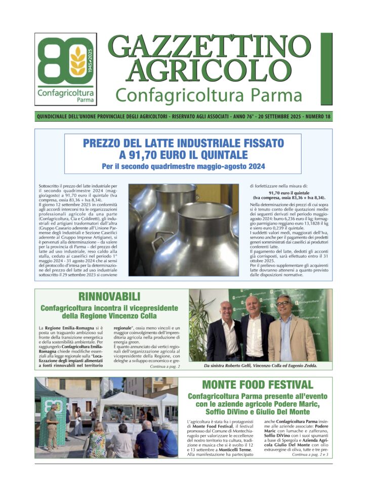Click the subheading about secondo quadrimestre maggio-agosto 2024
[x=183, y=166]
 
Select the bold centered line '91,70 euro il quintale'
[x=289, y=193]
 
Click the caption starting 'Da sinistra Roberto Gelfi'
[x=261, y=366]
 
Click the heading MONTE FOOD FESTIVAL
[x=257, y=385]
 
